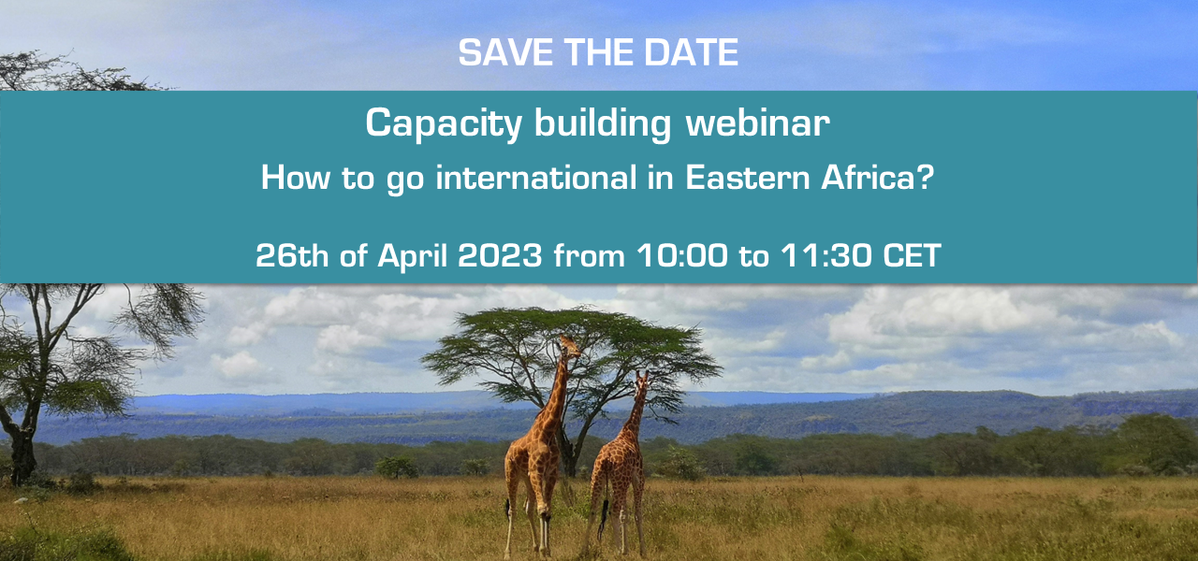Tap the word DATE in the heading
point(691,52)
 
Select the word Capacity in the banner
point(444,124)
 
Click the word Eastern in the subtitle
point(748,178)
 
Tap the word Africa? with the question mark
point(878,178)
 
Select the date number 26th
point(292,255)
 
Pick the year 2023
point(500,255)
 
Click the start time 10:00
point(682,255)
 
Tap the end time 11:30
point(825,255)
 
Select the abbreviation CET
point(912,255)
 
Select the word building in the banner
point(603,124)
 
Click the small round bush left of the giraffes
point(396,467)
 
